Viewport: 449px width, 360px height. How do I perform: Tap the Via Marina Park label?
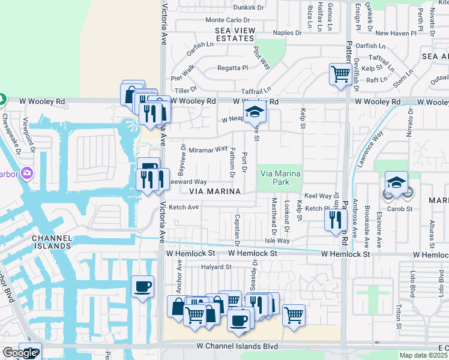click(279, 178)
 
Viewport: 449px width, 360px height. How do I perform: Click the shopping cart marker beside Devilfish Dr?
click(340, 74)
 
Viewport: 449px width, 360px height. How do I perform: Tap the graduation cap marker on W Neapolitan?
click(255, 113)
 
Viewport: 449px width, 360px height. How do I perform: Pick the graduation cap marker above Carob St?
click(396, 182)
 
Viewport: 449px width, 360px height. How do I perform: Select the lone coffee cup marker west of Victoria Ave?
click(142, 286)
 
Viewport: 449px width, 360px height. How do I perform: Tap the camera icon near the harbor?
click(26, 174)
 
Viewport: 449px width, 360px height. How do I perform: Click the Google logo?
click(19, 353)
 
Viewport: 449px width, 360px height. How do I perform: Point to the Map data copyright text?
click(424, 355)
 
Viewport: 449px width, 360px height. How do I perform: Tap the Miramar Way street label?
click(208, 149)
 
